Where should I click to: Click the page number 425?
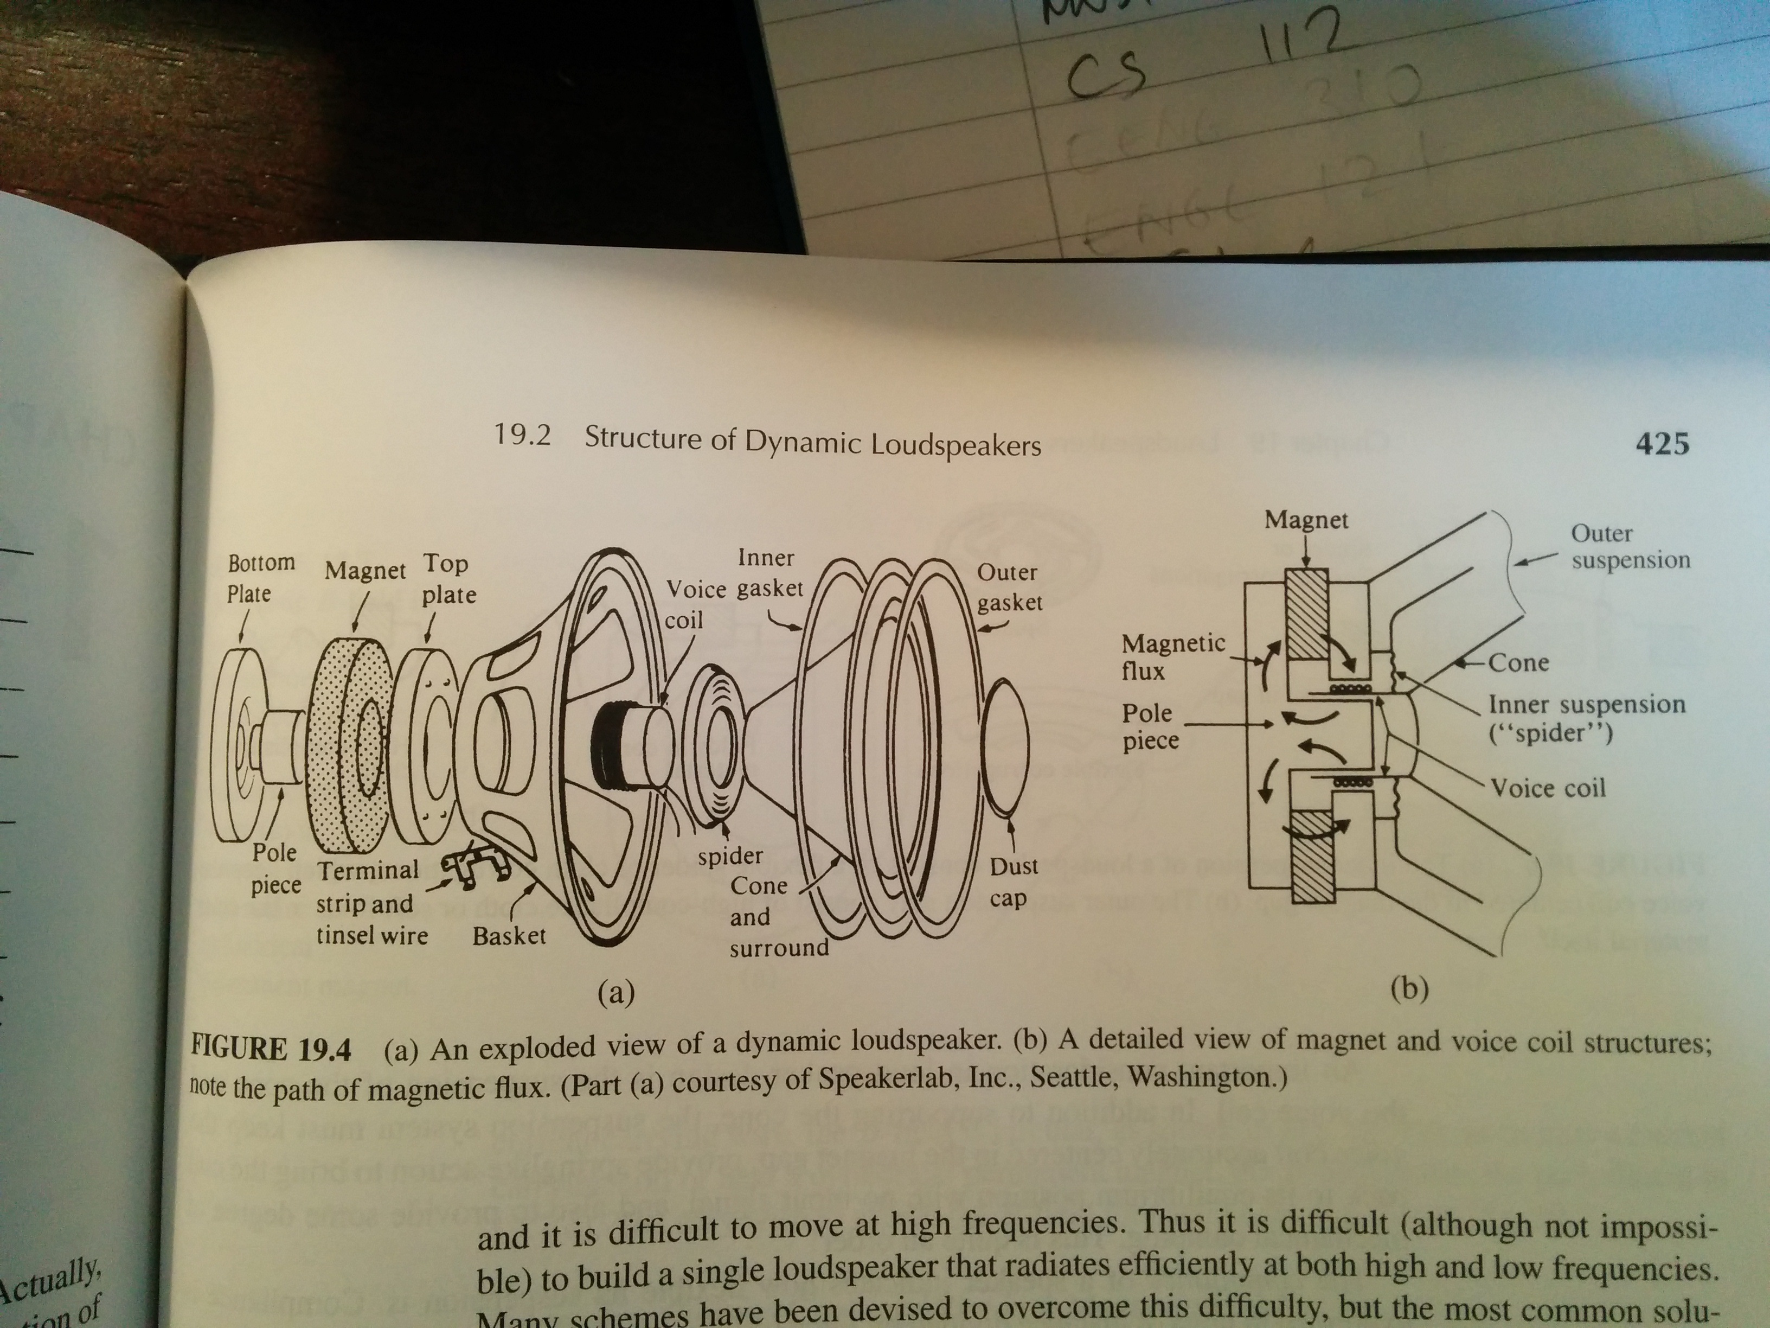(1662, 443)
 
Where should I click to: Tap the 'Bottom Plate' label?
(260, 578)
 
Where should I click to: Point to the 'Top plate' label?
(448, 579)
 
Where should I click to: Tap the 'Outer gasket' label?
(1008, 587)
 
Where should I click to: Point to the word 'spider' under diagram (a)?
(730, 855)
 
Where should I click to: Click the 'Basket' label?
(509, 935)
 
